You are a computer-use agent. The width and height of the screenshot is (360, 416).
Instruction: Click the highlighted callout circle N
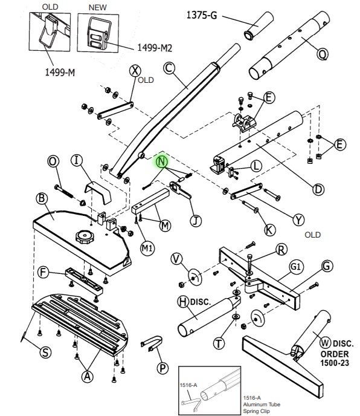coord(162,161)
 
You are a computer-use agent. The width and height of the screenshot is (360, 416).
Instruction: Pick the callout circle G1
coord(295,267)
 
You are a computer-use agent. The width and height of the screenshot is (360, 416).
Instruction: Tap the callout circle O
coord(53,161)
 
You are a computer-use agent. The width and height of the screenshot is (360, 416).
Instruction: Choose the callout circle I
coord(76,160)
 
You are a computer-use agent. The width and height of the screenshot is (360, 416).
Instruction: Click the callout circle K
coord(270,230)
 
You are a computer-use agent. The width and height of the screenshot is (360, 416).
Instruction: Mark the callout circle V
coord(177,259)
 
